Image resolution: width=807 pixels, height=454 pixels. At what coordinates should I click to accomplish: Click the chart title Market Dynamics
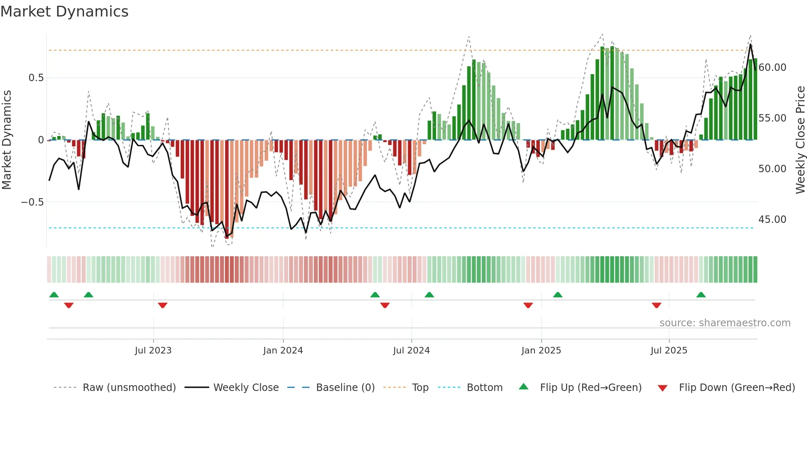[64, 12]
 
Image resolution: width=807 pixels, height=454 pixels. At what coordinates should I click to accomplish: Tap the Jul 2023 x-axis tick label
[153, 351]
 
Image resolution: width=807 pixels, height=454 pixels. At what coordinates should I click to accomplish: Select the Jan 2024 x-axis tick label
[283, 351]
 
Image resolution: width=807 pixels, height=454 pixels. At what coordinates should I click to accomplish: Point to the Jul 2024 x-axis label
[411, 351]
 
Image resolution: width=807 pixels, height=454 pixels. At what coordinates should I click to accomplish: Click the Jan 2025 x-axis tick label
[541, 351]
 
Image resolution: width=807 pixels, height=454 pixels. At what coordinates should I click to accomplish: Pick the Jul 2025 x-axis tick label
[669, 351]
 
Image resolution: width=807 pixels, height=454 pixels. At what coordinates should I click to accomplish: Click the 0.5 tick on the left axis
[36, 78]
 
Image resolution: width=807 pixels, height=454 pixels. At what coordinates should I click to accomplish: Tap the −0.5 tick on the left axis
[32, 202]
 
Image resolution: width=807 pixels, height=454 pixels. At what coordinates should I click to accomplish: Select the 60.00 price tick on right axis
[772, 68]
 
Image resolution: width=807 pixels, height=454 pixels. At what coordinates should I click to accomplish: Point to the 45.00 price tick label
[772, 220]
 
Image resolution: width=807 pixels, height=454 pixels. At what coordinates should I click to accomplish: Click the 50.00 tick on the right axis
[772, 169]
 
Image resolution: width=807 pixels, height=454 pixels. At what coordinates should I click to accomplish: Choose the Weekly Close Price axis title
[800, 140]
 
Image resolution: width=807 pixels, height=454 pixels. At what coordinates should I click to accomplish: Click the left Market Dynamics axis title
[7, 140]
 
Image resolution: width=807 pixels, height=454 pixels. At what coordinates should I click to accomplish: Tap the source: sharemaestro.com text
[725, 323]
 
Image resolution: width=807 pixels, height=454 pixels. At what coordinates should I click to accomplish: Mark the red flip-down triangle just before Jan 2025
[528, 305]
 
